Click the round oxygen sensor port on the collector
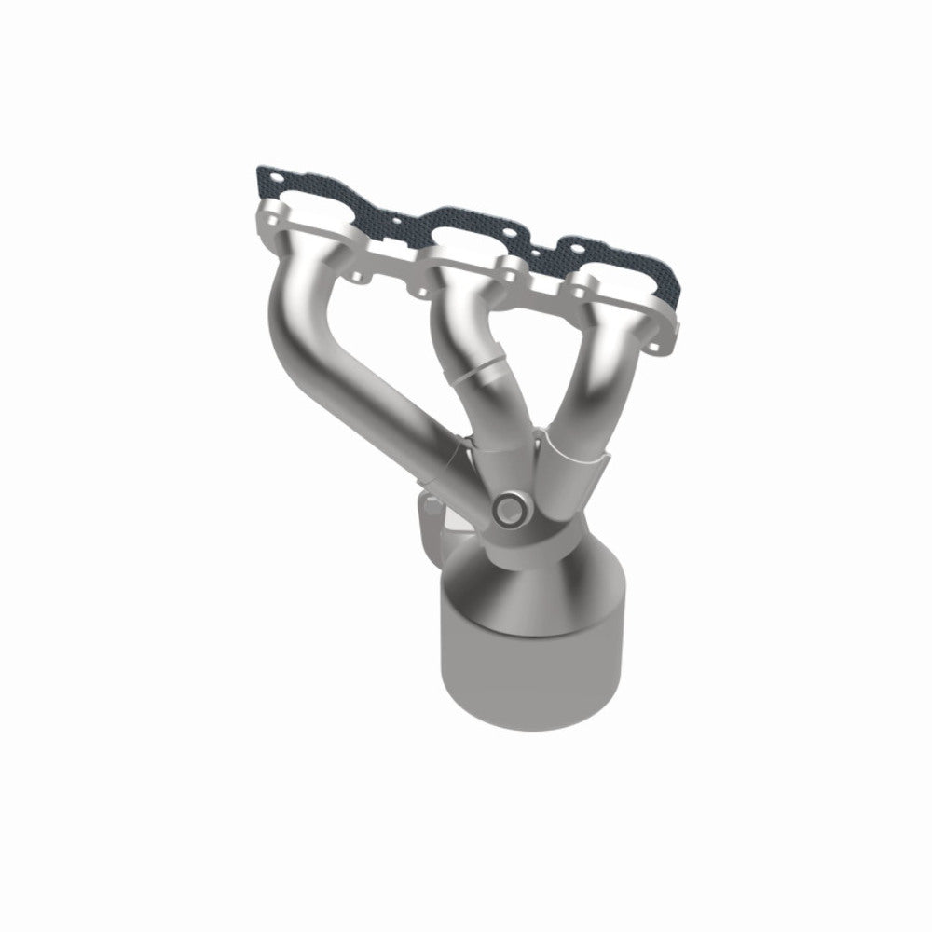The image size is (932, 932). (x=510, y=509)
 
